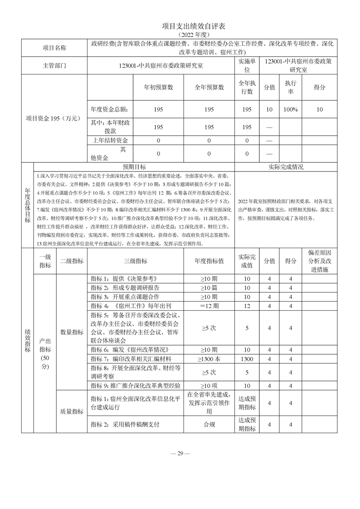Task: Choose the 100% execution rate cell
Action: click(291, 110)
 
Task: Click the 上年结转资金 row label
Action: click(110, 141)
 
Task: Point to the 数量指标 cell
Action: click(72, 332)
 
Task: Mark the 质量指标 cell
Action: click(72, 412)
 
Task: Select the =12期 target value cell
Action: click(209, 306)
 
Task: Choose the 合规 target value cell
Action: click(209, 425)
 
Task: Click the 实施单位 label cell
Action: click(247, 65)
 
